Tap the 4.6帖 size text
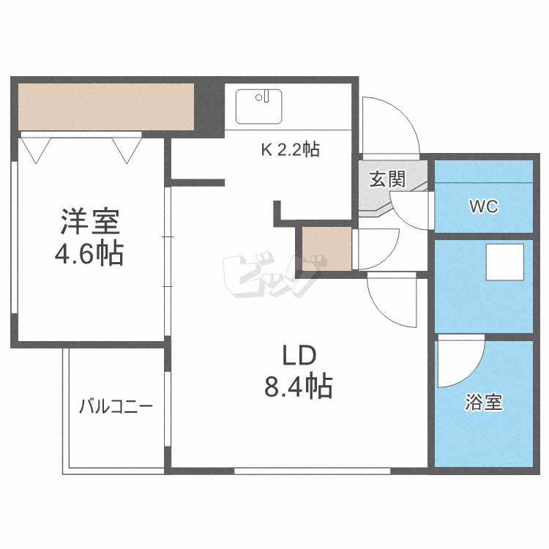89,254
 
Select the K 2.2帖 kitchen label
290,150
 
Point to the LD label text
299,356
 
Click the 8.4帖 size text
298,386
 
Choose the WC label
483,206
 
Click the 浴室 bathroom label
484,402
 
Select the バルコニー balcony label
116,406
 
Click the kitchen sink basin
258,106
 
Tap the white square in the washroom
505,262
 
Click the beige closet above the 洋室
105,106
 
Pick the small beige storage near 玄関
326,248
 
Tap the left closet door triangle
36,149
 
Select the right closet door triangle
127,149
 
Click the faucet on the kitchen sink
267,96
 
